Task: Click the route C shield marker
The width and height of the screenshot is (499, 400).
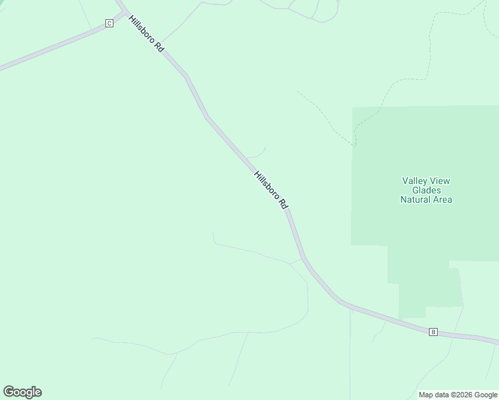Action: [x=109, y=23]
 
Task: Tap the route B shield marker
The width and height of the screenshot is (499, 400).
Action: [x=433, y=331]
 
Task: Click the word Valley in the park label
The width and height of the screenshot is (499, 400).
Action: [x=416, y=181]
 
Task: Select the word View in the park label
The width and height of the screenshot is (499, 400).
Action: [x=441, y=181]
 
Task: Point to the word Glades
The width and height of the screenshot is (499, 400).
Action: [x=426, y=190]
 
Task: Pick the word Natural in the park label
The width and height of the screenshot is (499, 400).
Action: [x=416, y=199]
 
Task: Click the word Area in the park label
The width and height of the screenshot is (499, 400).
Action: [x=442, y=199]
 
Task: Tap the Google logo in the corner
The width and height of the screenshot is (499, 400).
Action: [x=22, y=392]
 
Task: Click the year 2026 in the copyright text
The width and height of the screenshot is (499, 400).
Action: [x=461, y=395]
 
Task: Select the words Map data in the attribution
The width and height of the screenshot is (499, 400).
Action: [x=434, y=395]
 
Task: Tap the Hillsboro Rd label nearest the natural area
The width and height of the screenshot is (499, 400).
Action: [x=270, y=191]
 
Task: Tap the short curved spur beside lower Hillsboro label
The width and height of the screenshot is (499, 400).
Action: [x=259, y=153]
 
